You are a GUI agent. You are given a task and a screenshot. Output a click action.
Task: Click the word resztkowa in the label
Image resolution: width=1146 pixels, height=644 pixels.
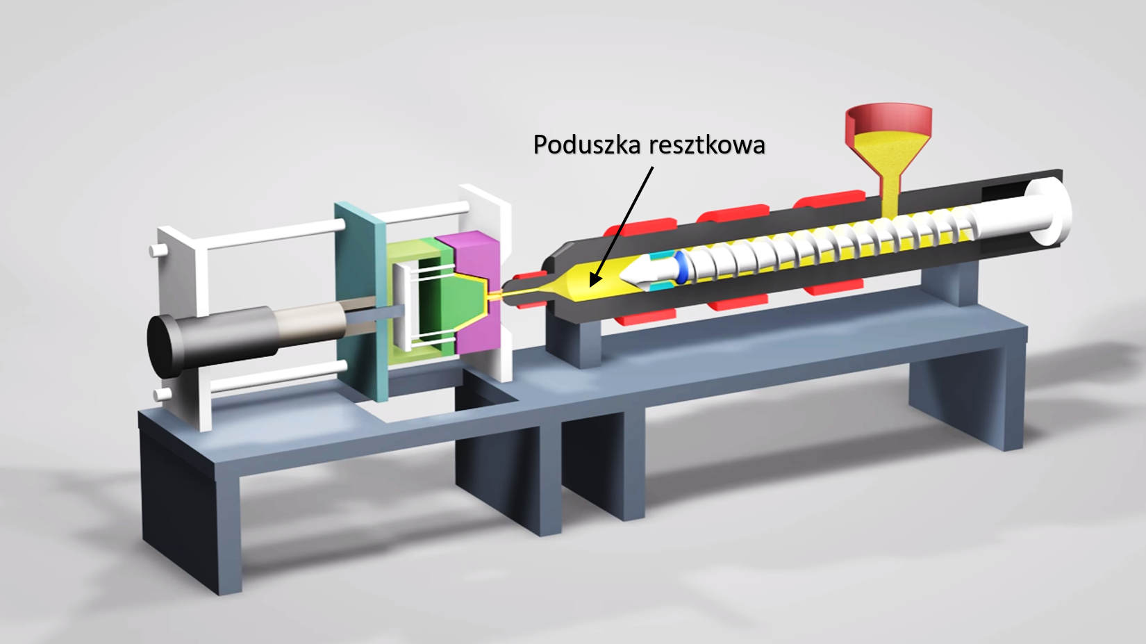click(706, 145)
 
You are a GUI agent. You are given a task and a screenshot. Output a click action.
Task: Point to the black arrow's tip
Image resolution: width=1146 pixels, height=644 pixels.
click(590, 286)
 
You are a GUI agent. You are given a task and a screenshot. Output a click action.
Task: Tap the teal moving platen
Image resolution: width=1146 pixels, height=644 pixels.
click(360, 302)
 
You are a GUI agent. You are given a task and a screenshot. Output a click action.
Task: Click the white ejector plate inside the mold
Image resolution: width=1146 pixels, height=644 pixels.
click(401, 307)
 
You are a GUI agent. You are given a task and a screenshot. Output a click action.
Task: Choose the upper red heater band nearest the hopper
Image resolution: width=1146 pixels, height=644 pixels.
click(829, 199)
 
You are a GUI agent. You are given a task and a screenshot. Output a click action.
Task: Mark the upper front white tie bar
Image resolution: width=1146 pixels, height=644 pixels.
click(276, 236)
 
